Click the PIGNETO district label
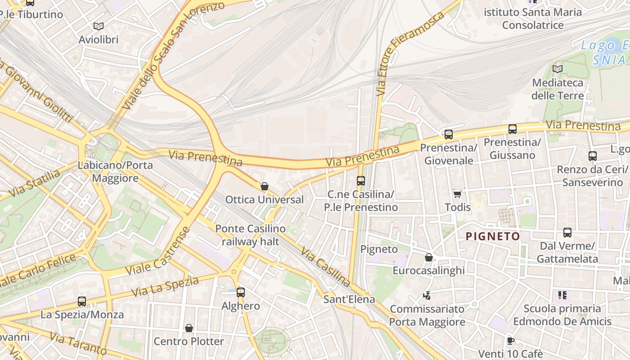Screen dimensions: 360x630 [493, 236]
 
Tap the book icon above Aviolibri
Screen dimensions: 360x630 [98, 27]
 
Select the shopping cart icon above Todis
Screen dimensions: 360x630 [458, 194]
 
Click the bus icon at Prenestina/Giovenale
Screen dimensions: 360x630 [448, 134]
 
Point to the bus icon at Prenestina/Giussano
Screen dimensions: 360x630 [512, 129]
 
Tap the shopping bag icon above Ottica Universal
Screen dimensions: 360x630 [265, 186]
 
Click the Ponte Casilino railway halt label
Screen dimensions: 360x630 [250, 235]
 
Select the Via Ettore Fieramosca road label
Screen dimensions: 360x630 [410, 54]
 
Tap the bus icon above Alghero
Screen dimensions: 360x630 [241, 292]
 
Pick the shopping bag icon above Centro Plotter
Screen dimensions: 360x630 [189, 328]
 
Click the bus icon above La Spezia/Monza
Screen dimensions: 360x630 [82, 301]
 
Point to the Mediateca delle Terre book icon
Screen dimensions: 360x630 [558, 69]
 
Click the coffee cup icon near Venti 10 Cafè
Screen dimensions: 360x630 [510, 341]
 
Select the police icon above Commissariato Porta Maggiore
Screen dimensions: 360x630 [427, 296]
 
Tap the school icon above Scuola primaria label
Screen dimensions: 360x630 [562, 295]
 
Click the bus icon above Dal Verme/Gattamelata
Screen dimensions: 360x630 [567, 233]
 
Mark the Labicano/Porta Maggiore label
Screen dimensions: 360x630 [115, 171]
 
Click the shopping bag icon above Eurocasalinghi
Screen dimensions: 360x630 [429, 257]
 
